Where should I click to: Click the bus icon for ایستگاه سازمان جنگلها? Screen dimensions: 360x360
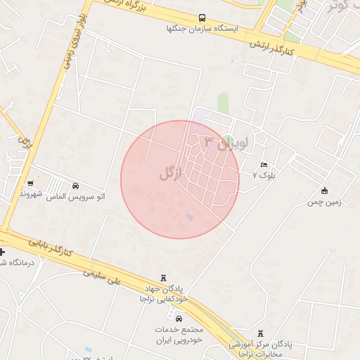[x=202, y=18]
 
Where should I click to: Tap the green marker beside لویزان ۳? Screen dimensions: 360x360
[x=228, y=139]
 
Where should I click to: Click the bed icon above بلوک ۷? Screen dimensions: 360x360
[x=264, y=164]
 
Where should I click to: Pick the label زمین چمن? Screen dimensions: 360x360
[x=324, y=202]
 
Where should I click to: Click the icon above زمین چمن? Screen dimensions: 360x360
[x=324, y=191]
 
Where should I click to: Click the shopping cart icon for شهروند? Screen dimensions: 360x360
[x=30, y=182]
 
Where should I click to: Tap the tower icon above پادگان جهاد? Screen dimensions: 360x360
[x=164, y=278]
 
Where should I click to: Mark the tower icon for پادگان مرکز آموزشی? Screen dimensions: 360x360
[x=261, y=333]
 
